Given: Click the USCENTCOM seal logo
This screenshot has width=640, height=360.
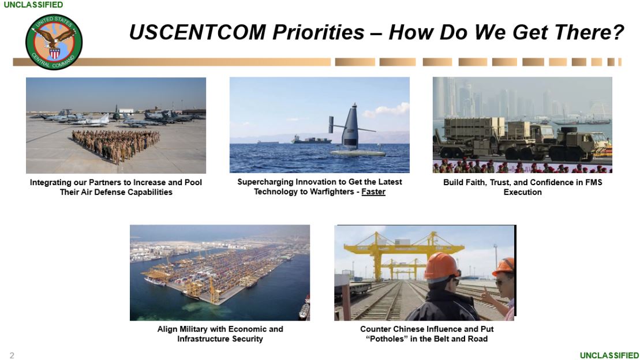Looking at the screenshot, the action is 54,42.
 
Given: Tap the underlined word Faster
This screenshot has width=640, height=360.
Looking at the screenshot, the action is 373,192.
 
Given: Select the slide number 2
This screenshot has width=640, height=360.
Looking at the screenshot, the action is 12,355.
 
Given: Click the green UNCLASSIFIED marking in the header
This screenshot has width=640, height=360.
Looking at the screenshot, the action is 33,5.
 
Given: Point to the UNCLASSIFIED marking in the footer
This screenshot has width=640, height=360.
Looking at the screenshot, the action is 609,355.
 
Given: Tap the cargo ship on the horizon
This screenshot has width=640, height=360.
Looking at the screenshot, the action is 311,140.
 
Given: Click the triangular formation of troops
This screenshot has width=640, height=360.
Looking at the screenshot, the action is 116,144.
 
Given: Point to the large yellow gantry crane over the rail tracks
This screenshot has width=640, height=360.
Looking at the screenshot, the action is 403,255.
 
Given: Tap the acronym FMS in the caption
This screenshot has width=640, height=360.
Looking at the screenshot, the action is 593,182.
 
